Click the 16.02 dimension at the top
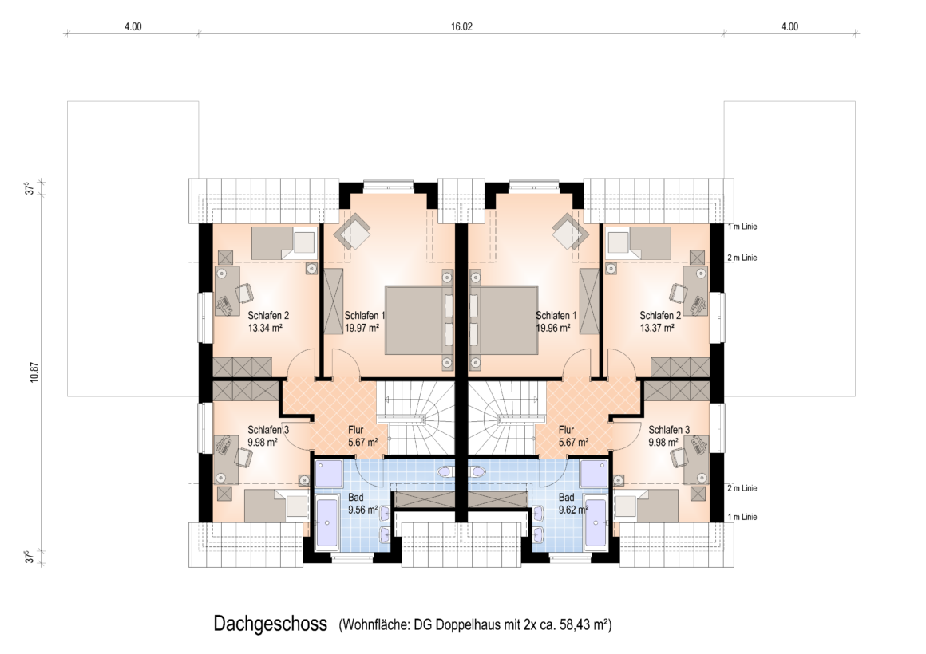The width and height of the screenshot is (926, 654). [x=461, y=26]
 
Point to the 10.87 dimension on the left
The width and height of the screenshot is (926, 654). [x=34, y=372]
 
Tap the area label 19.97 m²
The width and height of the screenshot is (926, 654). [x=362, y=328]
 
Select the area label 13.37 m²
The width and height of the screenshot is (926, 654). [x=657, y=328]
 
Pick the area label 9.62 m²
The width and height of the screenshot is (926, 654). [x=573, y=510]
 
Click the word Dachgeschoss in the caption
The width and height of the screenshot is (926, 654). [x=271, y=624]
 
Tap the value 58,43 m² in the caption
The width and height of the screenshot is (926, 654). [x=587, y=624]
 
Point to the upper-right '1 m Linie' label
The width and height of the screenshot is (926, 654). [x=742, y=227]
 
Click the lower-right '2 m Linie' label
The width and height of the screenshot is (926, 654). [x=742, y=488]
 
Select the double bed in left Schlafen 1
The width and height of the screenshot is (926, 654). [x=420, y=320]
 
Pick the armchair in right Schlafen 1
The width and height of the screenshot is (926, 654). [x=570, y=233]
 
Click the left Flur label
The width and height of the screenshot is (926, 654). [x=355, y=431]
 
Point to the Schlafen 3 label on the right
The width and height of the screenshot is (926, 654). [x=669, y=431]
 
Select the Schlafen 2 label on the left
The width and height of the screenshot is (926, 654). [x=269, y=316]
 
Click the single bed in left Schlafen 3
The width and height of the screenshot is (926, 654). [x=276, y=506]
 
